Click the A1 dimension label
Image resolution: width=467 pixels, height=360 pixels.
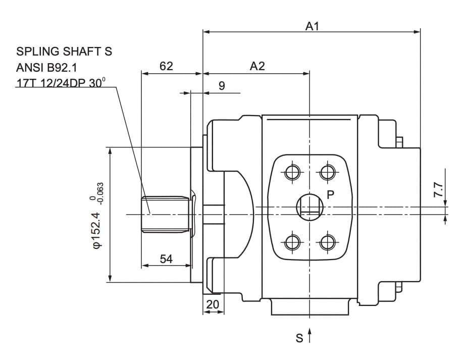tap(312, 26)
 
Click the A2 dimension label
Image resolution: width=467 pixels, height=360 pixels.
tap(257, 66)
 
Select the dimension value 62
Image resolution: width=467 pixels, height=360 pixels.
tap(166, 66)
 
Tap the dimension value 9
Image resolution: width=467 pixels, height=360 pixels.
tap(222, 86)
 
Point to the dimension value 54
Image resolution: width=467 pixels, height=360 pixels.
tap(166, 259)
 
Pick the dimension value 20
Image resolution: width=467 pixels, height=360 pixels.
tap(213, 304)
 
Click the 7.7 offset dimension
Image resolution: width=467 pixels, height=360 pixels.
tap(438, 190)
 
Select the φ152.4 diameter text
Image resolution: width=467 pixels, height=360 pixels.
tap(97, 230)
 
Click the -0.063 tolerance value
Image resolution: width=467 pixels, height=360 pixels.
tap(100, 193)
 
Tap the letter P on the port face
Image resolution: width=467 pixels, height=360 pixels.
tap(331, 194)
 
